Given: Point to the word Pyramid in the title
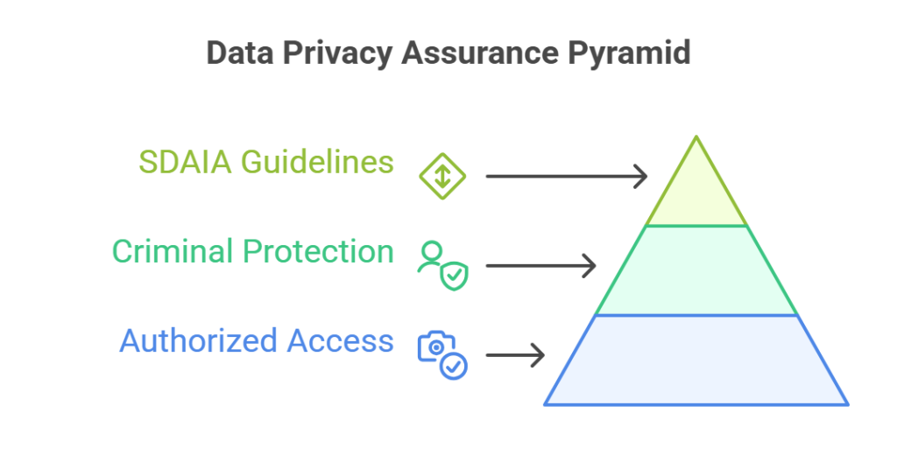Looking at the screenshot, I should (634, 52).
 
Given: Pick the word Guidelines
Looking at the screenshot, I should (317, 163).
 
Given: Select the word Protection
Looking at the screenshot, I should (318, 252).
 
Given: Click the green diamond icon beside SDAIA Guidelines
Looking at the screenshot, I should (442, 176).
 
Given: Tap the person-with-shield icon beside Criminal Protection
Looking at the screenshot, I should (442, 265).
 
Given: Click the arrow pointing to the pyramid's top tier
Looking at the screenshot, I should (566, 176).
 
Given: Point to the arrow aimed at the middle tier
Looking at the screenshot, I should (540, 264).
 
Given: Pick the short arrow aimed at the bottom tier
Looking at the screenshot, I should (515, 354).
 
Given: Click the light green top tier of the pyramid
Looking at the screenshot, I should (696, 197).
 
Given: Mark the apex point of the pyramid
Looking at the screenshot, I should (696, 137).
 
